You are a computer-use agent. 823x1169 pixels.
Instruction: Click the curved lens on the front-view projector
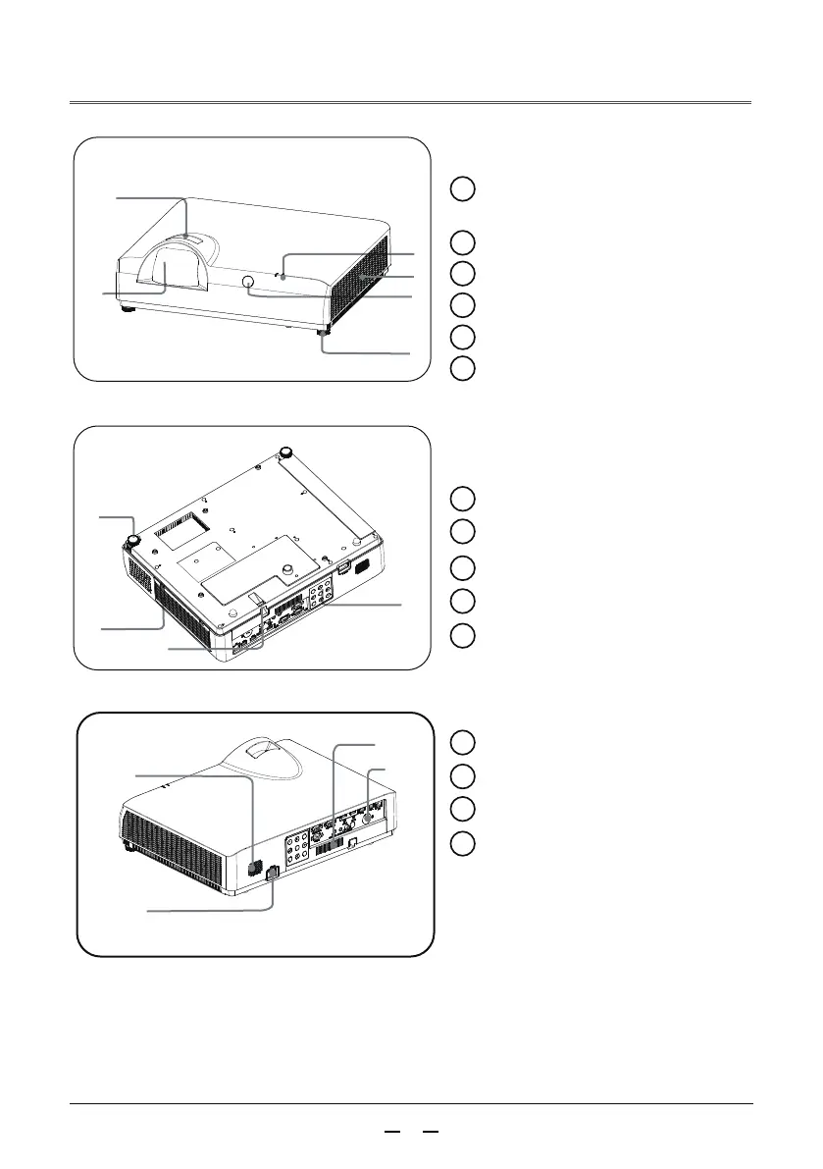pyautogui.click(x=164, y=270)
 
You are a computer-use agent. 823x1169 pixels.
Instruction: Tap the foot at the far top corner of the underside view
pyautogui.click(x=286, y=452)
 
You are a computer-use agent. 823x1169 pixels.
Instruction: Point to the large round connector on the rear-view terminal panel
pyautogui.click(x=370, y=814)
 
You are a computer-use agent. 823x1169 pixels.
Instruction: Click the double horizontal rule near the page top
pyautogui.click(x=411, y=102)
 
